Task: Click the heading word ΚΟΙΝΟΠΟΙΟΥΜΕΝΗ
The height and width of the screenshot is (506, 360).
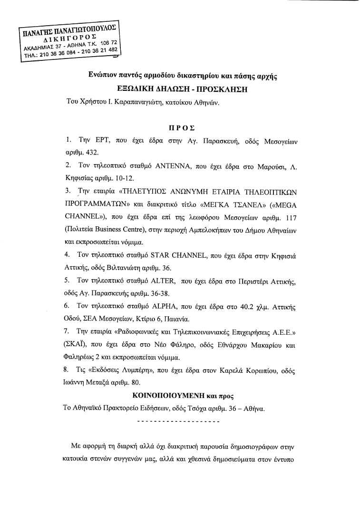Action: [x=166, y=395]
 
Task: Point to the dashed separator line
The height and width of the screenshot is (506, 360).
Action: [x=178, y=421]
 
